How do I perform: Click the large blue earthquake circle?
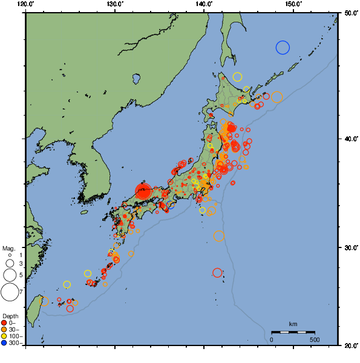[x=283, y=47]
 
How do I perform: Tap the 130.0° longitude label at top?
[x=115, y=4]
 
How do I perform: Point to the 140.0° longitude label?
[x=205, y=4]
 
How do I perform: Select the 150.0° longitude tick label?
[x=293, y=4]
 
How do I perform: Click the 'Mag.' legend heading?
[x=8, y=248]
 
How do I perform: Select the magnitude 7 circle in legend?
[x=9, y=292]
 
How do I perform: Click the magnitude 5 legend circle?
[x=9, y=275]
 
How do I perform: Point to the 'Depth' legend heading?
[x=10, y=316]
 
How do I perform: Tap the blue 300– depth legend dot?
[x=4, y=343]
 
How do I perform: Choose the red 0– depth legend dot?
[x=4, y=323]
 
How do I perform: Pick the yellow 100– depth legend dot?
[x=4, y=336]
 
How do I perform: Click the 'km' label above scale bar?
[x=293, y=324]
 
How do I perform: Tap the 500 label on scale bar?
[x=315, y=339]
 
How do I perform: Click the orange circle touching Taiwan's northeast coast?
[x=44, y=301]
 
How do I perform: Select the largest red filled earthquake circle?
[x=143, y=191]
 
